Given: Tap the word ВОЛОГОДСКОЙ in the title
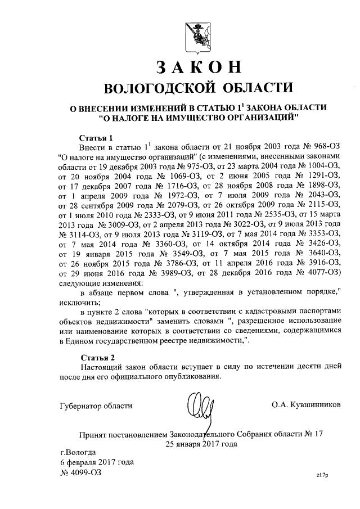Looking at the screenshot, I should (x=147, y=87).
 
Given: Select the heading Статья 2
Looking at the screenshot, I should (x=96, y=357).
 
